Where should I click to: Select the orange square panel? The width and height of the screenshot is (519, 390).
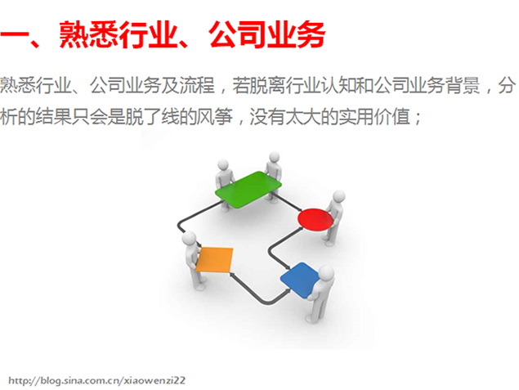tap(214, 260)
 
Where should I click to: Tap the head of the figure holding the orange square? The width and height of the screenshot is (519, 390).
tap(190, 238)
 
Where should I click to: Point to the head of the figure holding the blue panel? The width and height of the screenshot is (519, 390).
tap(326, 273)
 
